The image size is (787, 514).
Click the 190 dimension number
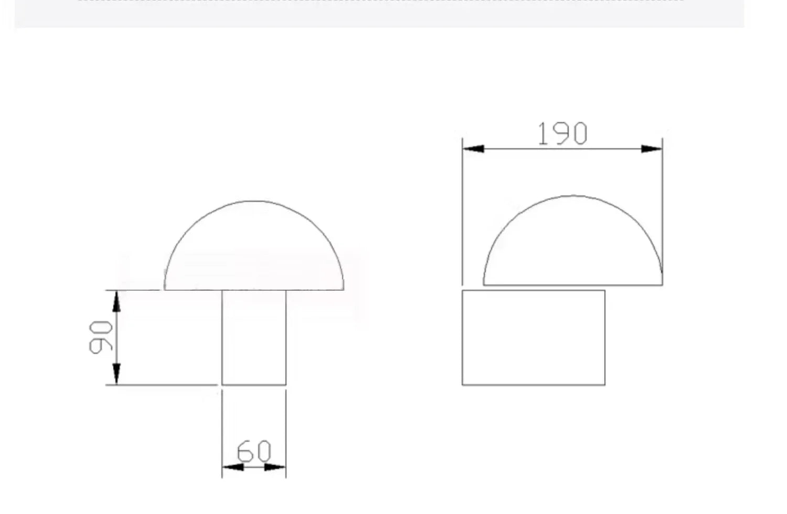click(562, 133)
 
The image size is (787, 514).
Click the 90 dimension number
click(101, 337)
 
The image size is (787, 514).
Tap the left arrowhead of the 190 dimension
click(473, 149)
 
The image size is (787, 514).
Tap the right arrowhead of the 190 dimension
click(652, 149)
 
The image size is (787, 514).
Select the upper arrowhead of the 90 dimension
click(116, 301)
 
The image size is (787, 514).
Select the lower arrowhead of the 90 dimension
click(116, 374)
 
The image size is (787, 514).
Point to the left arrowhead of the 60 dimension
click(233, 467)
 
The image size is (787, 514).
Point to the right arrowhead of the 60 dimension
click(275, 467)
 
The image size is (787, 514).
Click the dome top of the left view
click(253, 201)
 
